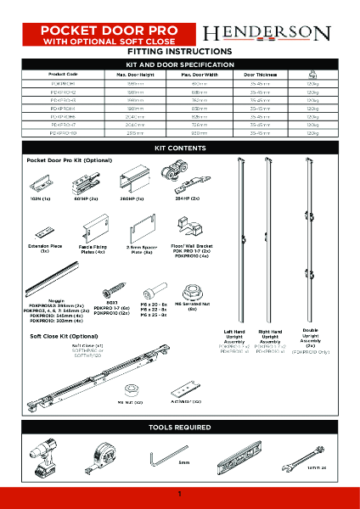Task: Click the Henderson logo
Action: coord(266,33)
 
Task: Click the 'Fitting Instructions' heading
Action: coord(179,52)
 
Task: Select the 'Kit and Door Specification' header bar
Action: coord(179,64)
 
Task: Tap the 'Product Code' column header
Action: coord(63,75)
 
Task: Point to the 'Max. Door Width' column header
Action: coord(198,75)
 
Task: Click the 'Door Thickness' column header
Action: coord(261,75)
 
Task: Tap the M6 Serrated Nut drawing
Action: coord(193,288)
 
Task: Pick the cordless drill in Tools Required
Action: coord(42,459)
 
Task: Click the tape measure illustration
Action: coord(95,458)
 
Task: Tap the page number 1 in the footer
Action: coord(180,495)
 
